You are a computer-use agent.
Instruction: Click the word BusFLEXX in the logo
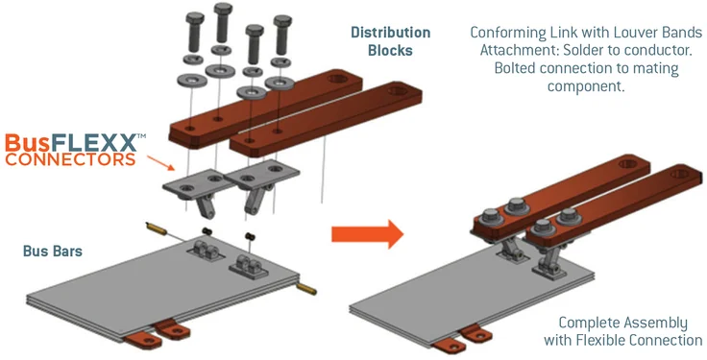pyautogui.click(x=72, y=143)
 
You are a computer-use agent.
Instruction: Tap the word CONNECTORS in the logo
pyautogui.click(x=70, y=159)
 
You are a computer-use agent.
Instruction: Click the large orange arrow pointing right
pyautogui.click(x=368, y=233)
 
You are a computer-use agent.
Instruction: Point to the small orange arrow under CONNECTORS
pyautogui.click(x=160, y=162)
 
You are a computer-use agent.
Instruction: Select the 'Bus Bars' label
pyautogui.click(x=53, y=251)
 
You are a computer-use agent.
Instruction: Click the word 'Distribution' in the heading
pyautogui.click(x=390, y=33)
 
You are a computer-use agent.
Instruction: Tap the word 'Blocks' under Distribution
pyautogui.click(x=390, y=51)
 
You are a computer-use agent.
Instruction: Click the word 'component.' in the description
pyautogui.click(x=586, y=86)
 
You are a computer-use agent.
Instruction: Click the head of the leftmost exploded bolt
pyautogui.click(x=195, y=18)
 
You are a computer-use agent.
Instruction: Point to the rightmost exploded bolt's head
pyautogui.click(x=282, y=21)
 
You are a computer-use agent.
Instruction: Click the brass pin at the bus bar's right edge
pyautogui.click(x=306, y=289)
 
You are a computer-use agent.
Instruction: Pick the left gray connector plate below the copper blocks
pyautogui.click(x=194, y=182)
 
